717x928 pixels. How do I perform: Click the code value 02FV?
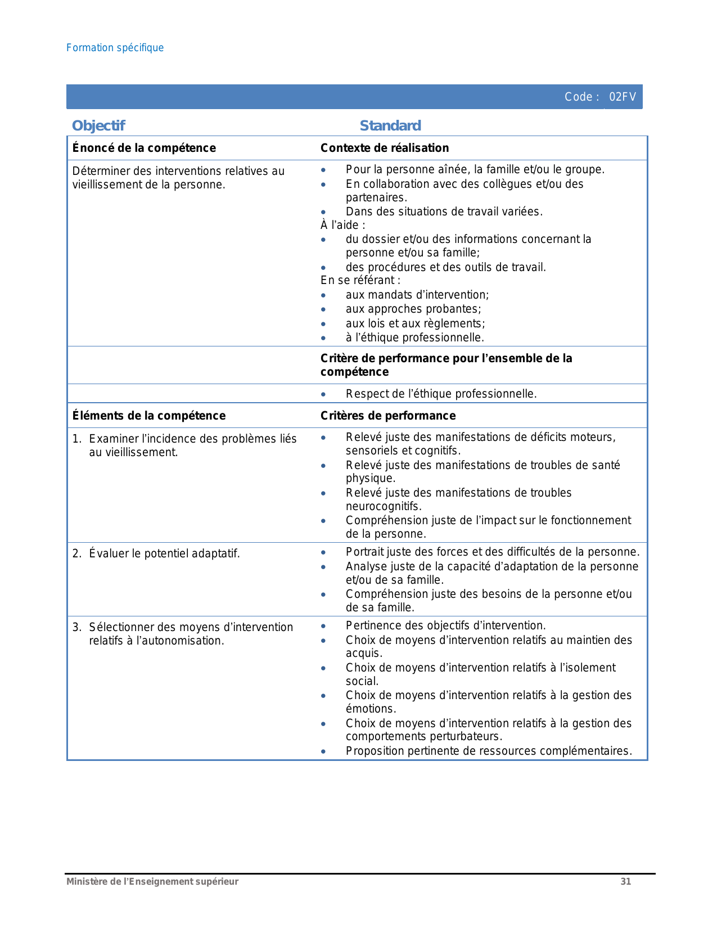pyautogui.click(x=623, y=97)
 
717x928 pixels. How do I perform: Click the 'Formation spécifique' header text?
pyautogui.click(x=115, y=48)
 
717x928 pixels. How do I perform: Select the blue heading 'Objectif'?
pyautogui.click(x=98, y=125)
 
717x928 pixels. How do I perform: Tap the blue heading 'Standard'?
pyautogui.click(x=390, y=125)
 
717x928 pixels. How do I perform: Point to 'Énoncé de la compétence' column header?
pyautogui.click(x=144, y=148)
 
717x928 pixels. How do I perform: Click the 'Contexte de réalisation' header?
pyautogui.click(x=385, y=148)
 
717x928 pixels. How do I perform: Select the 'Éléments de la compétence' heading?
pyautogui.click(x=149, y=416)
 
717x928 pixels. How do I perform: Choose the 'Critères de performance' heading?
pyautogui.click(x=388, y=416)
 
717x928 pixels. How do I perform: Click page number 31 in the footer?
pyautogui.click(x=625, y=881)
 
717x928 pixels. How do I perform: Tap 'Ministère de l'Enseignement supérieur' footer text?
pyautogui.click(x=152, y=881)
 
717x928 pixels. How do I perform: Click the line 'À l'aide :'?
pyautogui.click(x=343, y=225)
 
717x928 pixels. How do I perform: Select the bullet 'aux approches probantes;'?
pyautogui.click(x=413, y=309)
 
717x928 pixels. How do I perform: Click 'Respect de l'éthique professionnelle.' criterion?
pyautogui.click(x=441, y=394)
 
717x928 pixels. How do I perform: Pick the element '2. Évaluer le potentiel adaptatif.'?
pyautogui.click(x=156, y=553)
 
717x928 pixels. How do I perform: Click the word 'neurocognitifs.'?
pyautogui.click(x=384, y=506)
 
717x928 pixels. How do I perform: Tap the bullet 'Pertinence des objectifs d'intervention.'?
pyautogui.click(x=445, y=625)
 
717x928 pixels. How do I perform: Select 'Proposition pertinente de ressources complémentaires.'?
pyautogui.click(x=489, y=751)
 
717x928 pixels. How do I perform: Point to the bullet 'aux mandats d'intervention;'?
pyautogui.click(x=417, y=295)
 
